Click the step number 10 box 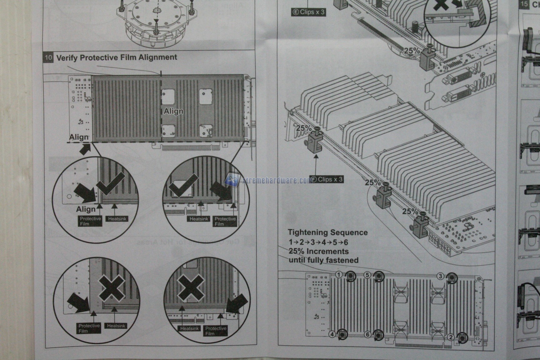pos(48,58)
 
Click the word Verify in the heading pos(67,58)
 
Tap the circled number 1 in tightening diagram pos(339,275)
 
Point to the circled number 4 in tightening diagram pos(332,334)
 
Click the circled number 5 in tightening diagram pos(367,275)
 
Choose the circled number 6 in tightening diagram pos(367,335)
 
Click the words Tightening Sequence pos(327,232)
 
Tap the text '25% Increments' pos(318,252)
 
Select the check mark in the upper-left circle pos(111,184)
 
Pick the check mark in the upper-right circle pos(183,186)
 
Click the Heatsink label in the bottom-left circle pos(116,326)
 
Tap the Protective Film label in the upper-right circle pos(225,221)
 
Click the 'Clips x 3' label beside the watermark pos(327,179)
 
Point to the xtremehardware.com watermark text pos(275,180)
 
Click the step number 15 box pos(524,4)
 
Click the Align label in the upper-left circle pos(86,209)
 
